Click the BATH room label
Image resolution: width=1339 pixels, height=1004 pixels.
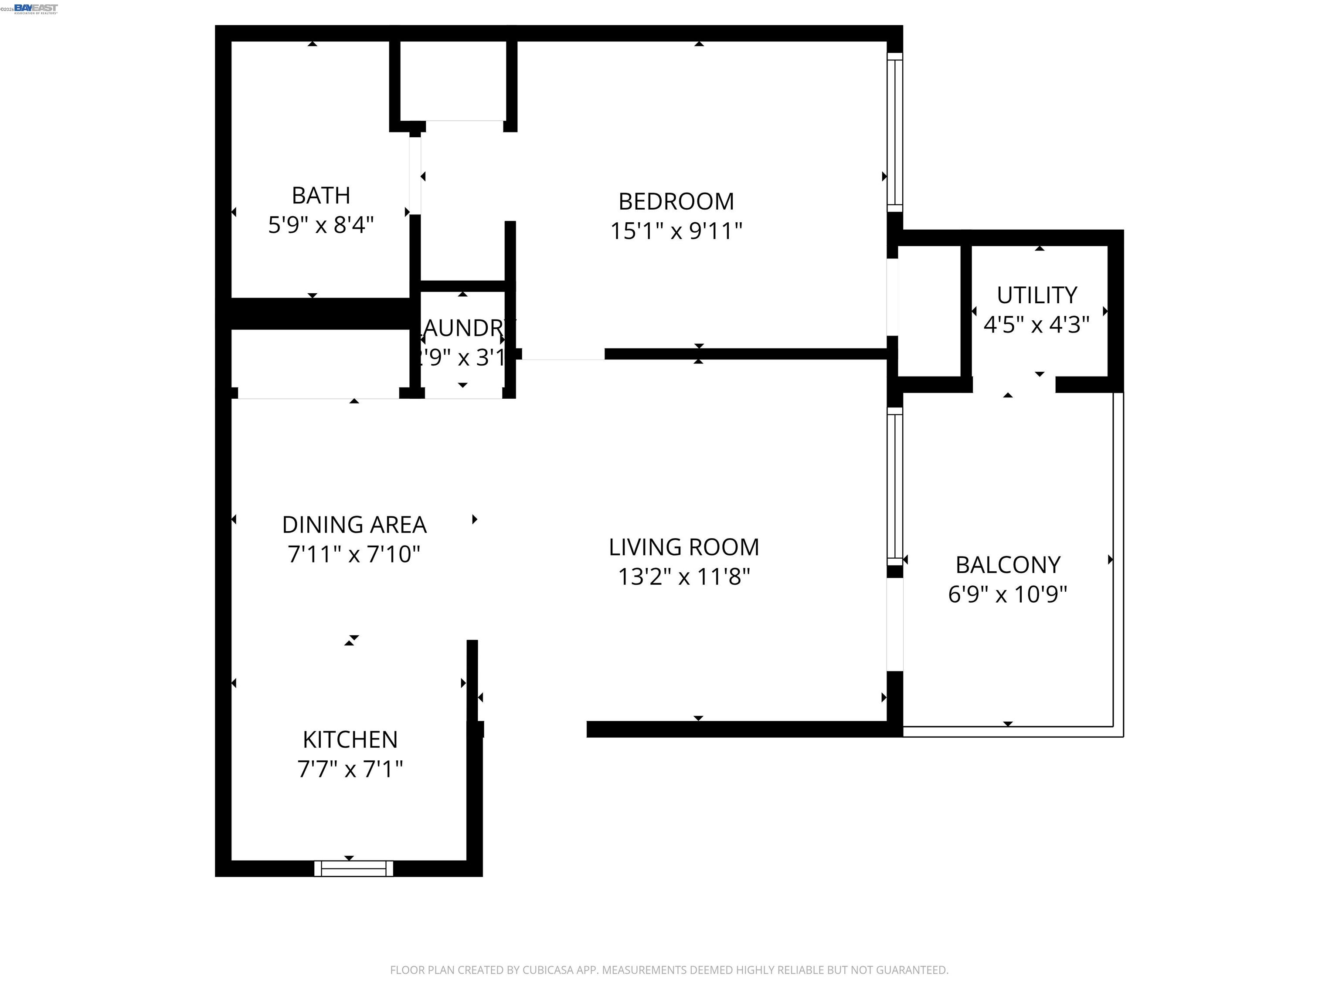click(321, 196)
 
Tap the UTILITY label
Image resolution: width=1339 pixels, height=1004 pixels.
click(1037, 295)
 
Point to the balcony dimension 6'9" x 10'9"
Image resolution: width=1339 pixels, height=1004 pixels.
click(1007, 594)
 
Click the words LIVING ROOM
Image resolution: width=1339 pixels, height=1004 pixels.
click(683, 547)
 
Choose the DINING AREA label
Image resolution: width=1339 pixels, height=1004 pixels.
click(354, 525)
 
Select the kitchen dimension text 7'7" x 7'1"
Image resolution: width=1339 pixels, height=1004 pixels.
click(350, 769)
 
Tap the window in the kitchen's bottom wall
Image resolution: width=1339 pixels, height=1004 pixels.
click(353, 869)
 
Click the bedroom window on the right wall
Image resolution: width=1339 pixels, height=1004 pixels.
click(895, 132)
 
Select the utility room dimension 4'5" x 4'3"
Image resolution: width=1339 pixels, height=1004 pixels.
click(1037, 325)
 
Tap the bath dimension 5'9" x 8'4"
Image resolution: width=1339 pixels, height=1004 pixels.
click(321, 225)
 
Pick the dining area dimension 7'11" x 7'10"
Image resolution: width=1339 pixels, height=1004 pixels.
click(354, 554)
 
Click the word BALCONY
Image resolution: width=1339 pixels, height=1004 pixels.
click(1007, 565)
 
